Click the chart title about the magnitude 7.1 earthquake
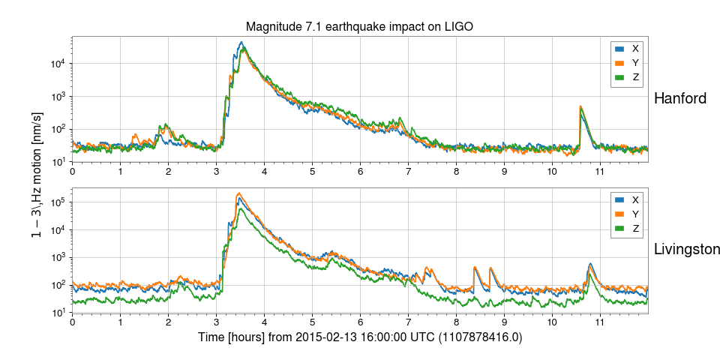pyautogui.click(x=360, y=27)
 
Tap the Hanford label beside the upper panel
pyautogui.click(x=680, y=98)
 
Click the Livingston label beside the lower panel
pyautogui.click(x=687, y=250)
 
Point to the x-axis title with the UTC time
pyautogui.click(x=360, y=338)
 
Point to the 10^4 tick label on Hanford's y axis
pyautogui.click(x=57, y=64)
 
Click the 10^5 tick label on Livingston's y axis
pyautogui.click(x=57, y=202)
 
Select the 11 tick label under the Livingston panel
pyautogui.click(x=600, y=322)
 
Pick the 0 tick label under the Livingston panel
pyautogui.click(x=72, y=322)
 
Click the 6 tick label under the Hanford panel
pyautogui.click(x=360, y=171)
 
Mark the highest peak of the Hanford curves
pyautogui.click(x=241, y=42)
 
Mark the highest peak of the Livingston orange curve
pyautogui.click(x=238, y=193)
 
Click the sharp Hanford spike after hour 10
pyautogui.click(x=580, y=106)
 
